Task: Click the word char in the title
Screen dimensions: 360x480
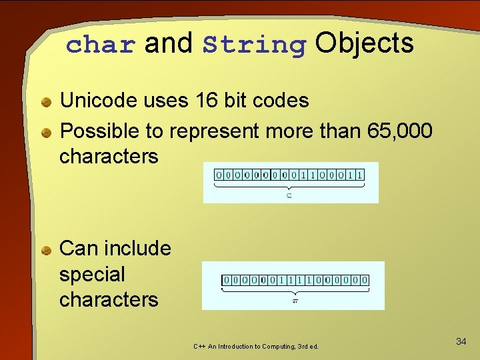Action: point(101,45)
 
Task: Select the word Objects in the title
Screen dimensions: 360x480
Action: point(364,43)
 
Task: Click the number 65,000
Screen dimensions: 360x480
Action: point(399,131)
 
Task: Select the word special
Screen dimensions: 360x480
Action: point(92,274)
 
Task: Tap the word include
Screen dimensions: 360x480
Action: point(139,248)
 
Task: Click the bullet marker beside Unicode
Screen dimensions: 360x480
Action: point(45,102)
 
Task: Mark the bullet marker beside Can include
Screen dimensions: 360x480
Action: point(45,250)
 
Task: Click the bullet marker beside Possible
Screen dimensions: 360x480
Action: point(45,133)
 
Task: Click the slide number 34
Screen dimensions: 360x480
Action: point(461,341)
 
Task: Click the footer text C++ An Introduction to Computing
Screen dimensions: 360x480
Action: point(256,347)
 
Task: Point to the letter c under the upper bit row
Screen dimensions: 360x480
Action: point(289,195)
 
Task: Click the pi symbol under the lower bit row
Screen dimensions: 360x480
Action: point(295,301)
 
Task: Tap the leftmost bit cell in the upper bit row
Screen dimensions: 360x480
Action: point(218,175)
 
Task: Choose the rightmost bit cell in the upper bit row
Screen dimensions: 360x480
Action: point(360,175)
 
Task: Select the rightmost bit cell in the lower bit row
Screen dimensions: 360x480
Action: point(365,281)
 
